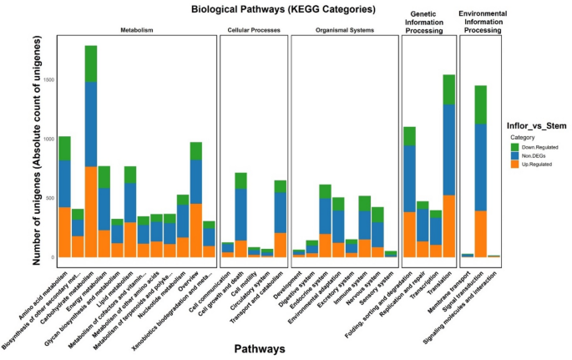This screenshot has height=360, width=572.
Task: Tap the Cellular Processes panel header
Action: click(x=253, y=30)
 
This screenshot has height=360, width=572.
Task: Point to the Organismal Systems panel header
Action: click(x=344, y=30)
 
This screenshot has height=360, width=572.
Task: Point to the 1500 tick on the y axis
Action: click(x=49, y=79)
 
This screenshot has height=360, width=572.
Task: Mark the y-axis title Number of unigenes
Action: click(x=38, y=159)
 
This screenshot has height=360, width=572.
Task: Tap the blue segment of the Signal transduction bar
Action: click(x=480, y=167)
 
